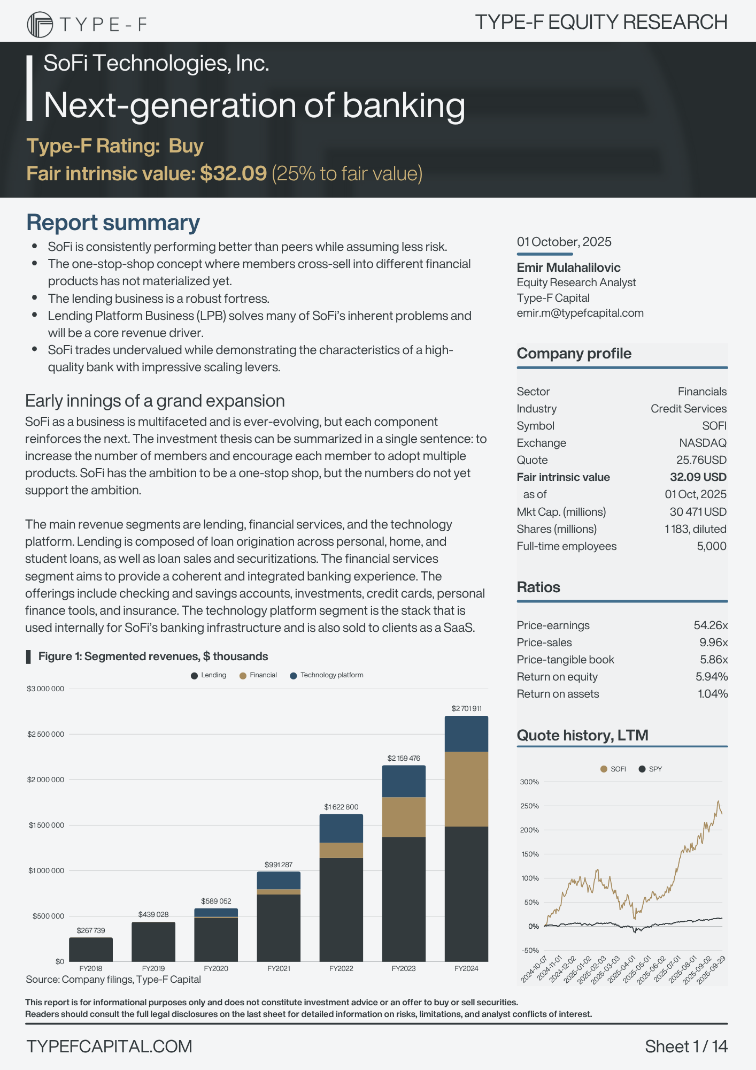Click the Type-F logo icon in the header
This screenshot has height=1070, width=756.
(40, 25)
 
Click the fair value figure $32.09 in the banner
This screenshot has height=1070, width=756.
(233, 173)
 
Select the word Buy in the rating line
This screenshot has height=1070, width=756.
(186, 146)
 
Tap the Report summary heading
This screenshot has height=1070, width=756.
(113, 223)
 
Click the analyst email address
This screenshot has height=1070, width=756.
(580, 313)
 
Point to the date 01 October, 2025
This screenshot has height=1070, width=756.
(564, 242)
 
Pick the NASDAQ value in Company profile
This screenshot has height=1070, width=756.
(703, 443)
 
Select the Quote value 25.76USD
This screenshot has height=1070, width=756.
(701, 460)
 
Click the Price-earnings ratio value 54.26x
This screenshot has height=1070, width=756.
(711, 625)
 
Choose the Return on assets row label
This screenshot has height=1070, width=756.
(558, 694)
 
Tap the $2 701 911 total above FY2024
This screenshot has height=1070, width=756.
(466, 708)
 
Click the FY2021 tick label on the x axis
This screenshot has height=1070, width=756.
(279, 968)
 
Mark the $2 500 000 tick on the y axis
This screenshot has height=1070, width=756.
(45, 734)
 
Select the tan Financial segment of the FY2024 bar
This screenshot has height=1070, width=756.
(466, 789)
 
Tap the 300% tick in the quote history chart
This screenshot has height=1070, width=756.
(529, 782)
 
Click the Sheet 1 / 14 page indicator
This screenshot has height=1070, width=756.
(686, 1046)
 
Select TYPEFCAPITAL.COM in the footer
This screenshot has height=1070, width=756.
(109, 1046)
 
